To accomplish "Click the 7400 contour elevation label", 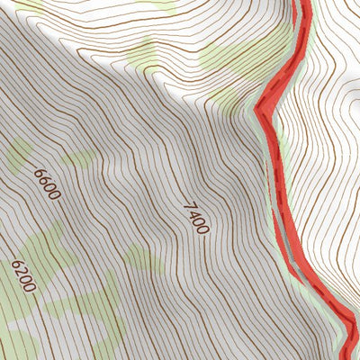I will [195, 218].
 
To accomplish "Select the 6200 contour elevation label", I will [23, 276].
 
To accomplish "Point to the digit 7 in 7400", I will [188, 206].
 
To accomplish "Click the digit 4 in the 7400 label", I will [193, 213].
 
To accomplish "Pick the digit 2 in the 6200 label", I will [21, 272].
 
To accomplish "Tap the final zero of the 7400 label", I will [202, 229].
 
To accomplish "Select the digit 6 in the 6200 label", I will [16, 265].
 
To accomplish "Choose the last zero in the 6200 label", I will [31, 287].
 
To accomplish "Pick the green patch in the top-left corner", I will [27, 7].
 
